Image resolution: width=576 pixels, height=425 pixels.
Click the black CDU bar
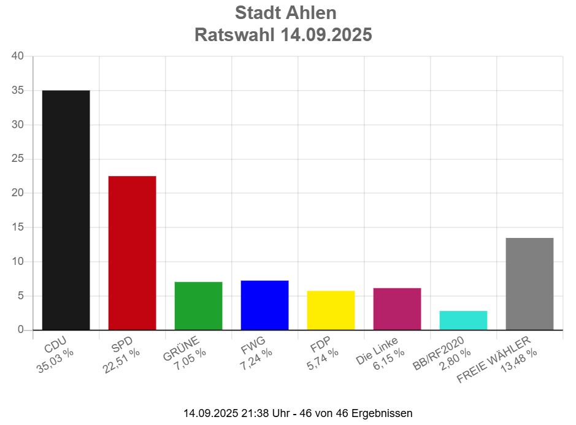click(66, 210)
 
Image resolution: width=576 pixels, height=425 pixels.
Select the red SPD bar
click(132, 253)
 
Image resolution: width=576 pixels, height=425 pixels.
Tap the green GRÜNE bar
click(198, 305)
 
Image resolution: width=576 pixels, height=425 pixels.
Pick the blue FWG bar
click(264, 305)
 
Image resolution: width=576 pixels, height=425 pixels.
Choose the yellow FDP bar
click(331, 310)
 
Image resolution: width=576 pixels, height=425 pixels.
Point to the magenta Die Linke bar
click(397, 308)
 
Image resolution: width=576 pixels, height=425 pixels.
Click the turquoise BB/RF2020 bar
click(463, 320)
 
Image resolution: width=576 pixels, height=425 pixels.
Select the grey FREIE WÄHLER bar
click(529, 283)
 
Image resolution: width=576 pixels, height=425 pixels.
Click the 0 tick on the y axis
click(20, 330)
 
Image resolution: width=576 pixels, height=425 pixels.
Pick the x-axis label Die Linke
click(377, 351)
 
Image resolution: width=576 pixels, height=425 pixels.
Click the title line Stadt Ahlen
click(286, 12)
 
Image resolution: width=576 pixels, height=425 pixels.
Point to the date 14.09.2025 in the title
click(326, 35)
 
